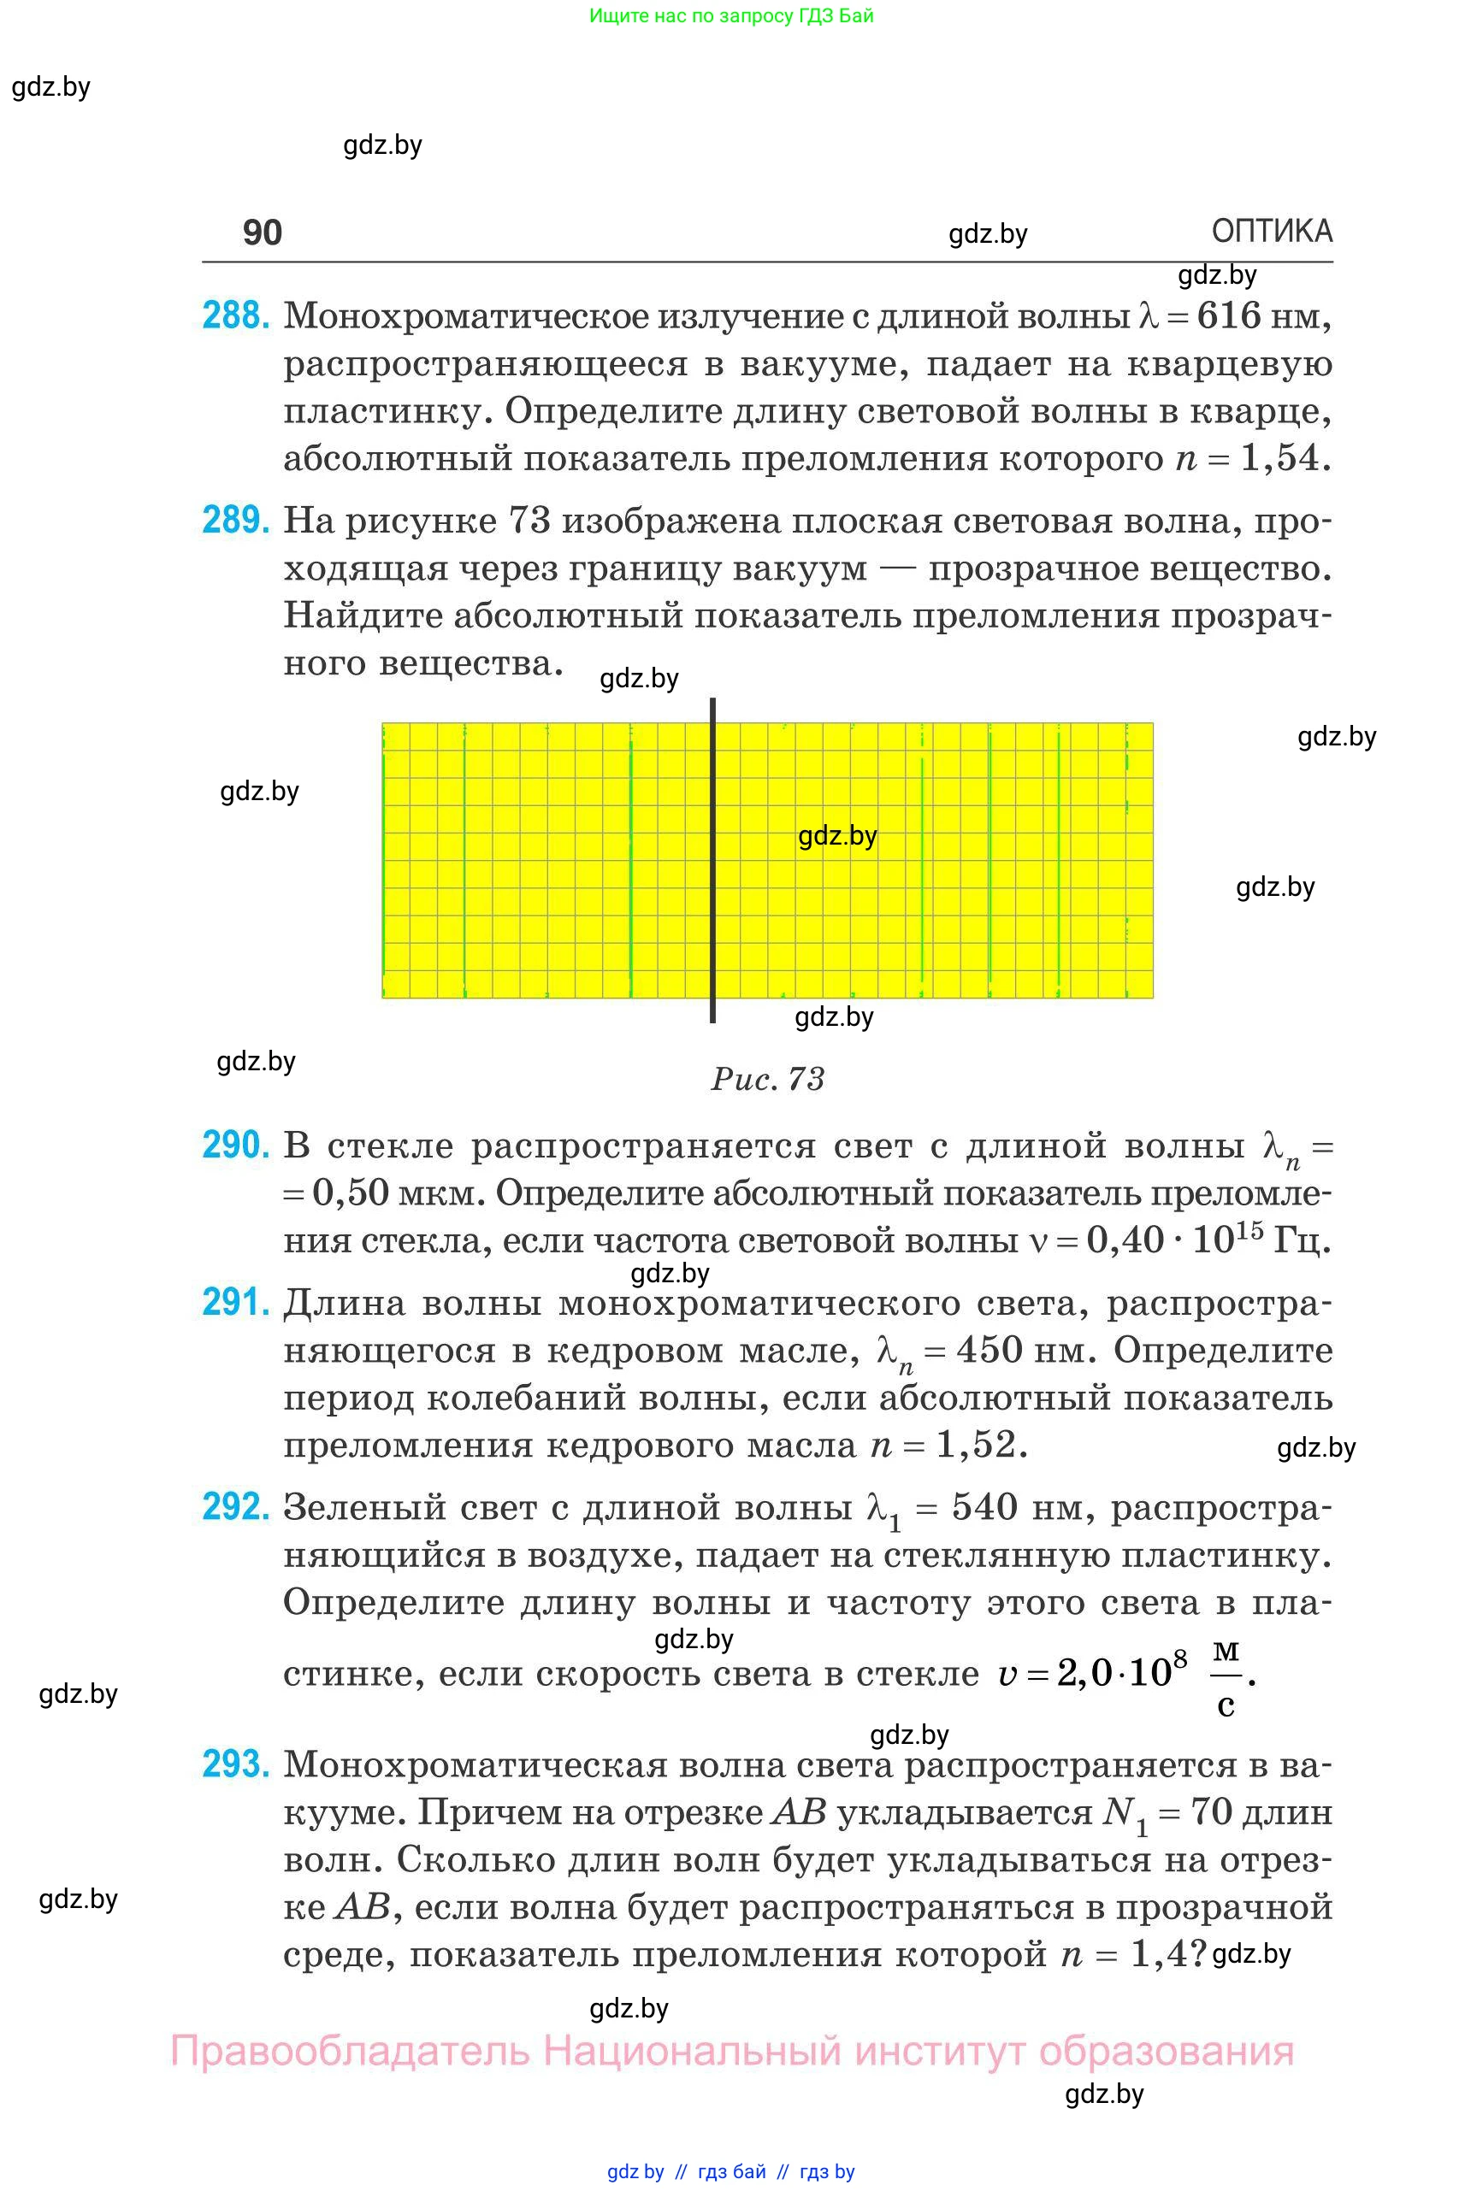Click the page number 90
point(262,233)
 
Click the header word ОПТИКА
point(1271,231)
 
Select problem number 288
point(236,315)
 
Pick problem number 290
point(236,1144)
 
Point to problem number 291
point(236,1302)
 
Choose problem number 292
point(236,1506)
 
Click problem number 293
point(236,1764)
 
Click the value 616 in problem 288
point(1229,315)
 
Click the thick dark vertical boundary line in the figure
point(713,859)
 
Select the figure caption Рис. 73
point(768,1079)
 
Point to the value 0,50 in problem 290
point(351,1193)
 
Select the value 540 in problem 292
point(984,1506)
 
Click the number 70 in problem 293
point(1212,1811)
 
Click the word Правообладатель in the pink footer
point(351,2050)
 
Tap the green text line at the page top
point(731,16)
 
